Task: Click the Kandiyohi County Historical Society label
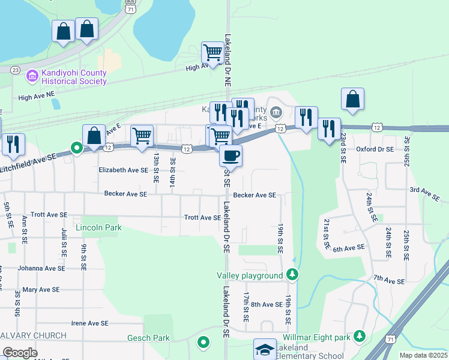pos(74,77)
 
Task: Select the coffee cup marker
pos(231,156)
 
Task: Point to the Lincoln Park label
pos(98,228)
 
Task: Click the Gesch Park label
pos(148,338)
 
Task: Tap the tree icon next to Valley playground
pos(292,275)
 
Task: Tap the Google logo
pos(20,353)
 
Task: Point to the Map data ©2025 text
pos(423,355)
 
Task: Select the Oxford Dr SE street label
pos(374,149)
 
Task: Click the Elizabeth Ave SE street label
pos(123,170)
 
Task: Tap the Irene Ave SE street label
pos(89,323)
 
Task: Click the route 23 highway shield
pos(15,70)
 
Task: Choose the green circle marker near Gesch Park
pos(203,343)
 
